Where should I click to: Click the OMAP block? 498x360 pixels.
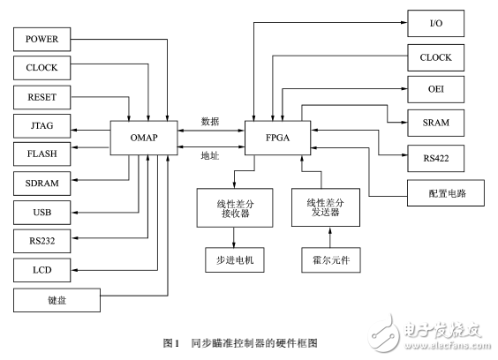point(143,139)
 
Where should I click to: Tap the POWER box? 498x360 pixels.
point(41,39)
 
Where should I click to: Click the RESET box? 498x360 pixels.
point(41,97)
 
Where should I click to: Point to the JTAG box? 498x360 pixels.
point(41,126)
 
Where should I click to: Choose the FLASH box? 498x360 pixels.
point(41,154)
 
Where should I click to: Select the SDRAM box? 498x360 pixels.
point(41,184)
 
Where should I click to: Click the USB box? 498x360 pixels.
point(41,213)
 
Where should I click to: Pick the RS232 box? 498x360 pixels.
point(41,241)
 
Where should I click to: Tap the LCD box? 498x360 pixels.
point(41,269)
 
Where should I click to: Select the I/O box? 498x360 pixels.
point(435,23)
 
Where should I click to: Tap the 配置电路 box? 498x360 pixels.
point(435,191)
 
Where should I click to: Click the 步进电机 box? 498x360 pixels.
point(234,260)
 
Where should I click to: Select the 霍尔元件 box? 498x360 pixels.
point(330,260)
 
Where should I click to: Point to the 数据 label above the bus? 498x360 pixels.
point(210,121)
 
